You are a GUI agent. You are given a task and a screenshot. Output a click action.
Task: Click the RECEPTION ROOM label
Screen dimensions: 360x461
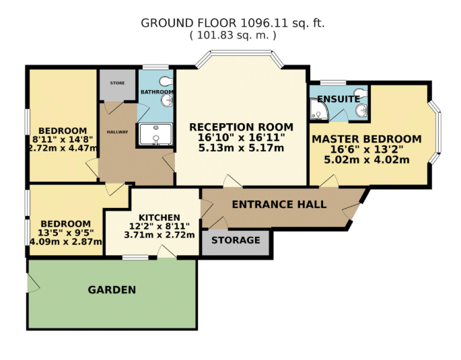pyautogui.click(x=241, y=127)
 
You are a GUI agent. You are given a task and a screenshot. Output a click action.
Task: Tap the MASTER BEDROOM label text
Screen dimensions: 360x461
pyautogui.click(x=366, y=139)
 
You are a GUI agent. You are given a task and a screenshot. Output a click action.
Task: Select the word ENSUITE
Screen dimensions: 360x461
pyautogui.click(x=338, y=99)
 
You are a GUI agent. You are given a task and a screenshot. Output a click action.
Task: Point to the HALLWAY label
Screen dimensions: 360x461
pyautogui.click(x=117, y=132)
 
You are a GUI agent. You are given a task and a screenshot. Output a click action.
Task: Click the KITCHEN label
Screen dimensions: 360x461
pyautogui.click(x=159, y=217)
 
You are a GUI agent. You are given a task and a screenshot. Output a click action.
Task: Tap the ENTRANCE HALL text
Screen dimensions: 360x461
pyautogui.click(x=279, y=205)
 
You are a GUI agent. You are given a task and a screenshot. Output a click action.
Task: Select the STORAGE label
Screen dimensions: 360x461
pyautogui.click(x=236, y=240)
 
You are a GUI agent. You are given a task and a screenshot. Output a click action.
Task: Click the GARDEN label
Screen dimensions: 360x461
pyautogui.click(x=112, y=290)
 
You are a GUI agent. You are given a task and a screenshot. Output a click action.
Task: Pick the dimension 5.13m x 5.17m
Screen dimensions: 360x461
pyautogui.click(x=241, y=148)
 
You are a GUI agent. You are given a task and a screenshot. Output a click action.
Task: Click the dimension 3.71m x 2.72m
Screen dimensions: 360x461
pyautogui.click(x=159, y=235)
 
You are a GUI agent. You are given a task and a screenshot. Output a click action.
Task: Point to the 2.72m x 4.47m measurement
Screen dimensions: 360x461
pyautogui.click(x=63, y=149)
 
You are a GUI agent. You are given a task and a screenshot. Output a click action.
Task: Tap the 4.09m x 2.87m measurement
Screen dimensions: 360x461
pyautogui.click(x=65, y=242)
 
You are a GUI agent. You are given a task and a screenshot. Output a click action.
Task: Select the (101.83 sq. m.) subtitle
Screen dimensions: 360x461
pyautogui.click(x=232, y=36)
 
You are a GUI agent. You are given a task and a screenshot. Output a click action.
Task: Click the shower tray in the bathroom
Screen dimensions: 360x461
pyautogui.click(x=155, y=135)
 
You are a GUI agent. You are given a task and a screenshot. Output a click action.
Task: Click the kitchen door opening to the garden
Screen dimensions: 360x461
pyautogui.click(x=165, y=252)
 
